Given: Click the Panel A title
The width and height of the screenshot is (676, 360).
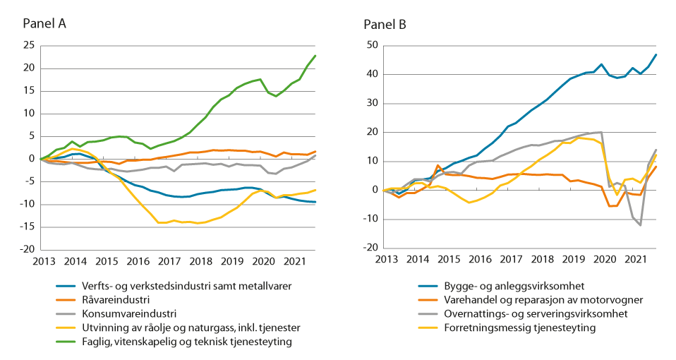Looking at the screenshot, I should pyautogui.click(x=44, y=24).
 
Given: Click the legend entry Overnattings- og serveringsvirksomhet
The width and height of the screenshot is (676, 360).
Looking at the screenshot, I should pyautogui.click(x=526, y=313).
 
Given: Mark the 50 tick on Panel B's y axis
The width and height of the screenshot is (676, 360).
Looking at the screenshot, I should pyautogui.click(x=372, y=46).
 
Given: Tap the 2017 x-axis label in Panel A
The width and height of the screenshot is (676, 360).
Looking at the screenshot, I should pyautogui.click(x=169, y=261).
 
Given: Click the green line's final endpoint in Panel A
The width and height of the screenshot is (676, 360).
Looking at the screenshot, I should pyautogui.click(x=315, y=55).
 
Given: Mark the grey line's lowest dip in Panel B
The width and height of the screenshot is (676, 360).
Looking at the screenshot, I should pyautogui.click(x=641, y=225).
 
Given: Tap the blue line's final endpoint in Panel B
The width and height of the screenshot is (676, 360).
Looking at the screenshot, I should pyautogui.click(x=656, y=54).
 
